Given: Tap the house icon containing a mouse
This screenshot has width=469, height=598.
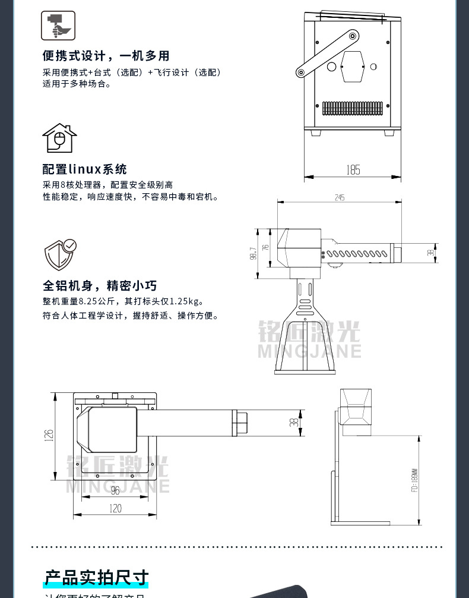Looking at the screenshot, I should pyautogui.click(x=59, y=139).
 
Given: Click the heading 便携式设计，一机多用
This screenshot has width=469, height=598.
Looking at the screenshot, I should pyautogui.click(x=106, y=56).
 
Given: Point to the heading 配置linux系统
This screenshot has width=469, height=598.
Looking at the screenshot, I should pyautogui.click(x=85, y=169).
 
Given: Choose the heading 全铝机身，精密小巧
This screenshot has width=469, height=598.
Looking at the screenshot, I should pyautogui.click(x=100, y=285).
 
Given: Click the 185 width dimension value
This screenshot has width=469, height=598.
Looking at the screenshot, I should pyautogui.click(x=353, y=171).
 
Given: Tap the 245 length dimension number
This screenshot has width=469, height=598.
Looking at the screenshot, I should pyautogui.click(x=340, y=197).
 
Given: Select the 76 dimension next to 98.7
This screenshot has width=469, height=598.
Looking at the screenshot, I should pyautogui.click(x=265, y=247).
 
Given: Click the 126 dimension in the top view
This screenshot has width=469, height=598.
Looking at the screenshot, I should pyautogui.click(x=49, y=435).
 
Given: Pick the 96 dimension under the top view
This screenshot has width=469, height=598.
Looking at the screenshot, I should pyautogui.click(x=115, y=490).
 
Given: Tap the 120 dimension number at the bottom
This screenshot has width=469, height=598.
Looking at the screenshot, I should pyautogui.click(x=115, y=508).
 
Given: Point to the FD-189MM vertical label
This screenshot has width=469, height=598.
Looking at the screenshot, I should pyautogui.click(x=414, y=478).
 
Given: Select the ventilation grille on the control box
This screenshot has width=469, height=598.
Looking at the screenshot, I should pyautogui.click(x=353, y=108).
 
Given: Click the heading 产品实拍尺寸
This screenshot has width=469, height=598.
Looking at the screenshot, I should pyautogui.click(x=96, y=578).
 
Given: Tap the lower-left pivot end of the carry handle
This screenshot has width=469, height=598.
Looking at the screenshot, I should pyautogui.click(x=301, y=73).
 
